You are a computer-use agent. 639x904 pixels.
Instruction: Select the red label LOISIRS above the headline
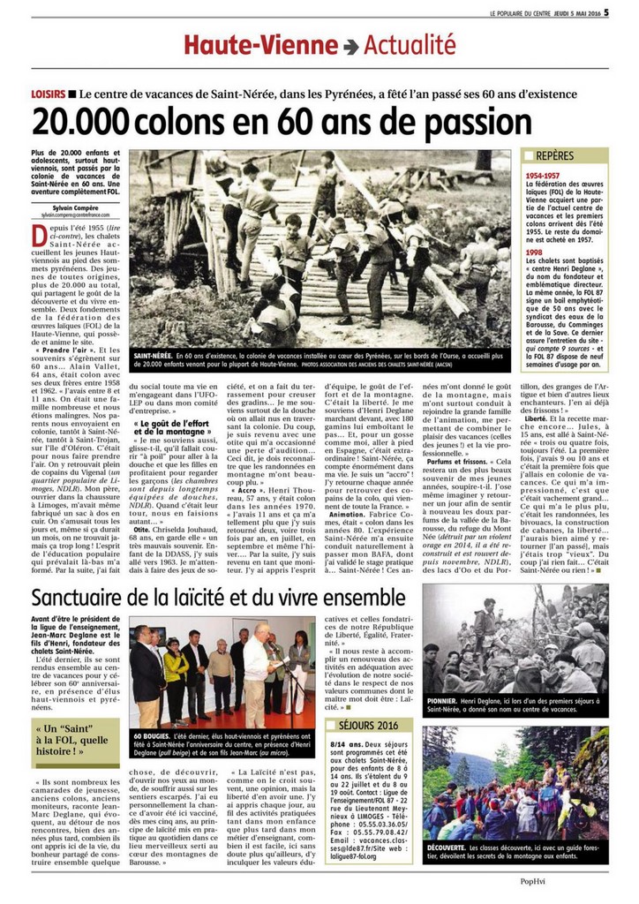tap(51, 94)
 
